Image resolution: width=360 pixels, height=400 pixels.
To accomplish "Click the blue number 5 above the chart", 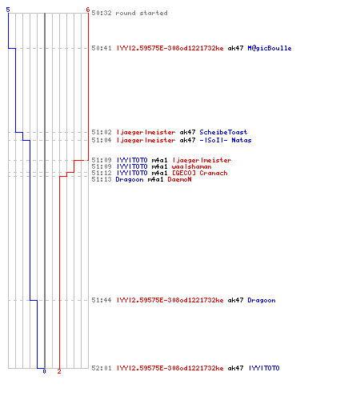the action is (x=8, y=10).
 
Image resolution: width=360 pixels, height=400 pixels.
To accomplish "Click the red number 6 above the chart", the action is (x=88, y=10).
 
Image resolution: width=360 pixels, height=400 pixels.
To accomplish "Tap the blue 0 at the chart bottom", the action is (x=44, y=371).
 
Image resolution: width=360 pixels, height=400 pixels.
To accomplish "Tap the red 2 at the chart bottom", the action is (x=59, y=371).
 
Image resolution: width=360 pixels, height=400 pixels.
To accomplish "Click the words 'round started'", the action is (x=142, y=13).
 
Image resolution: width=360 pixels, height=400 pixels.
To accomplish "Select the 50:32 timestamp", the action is (x=102, y=13).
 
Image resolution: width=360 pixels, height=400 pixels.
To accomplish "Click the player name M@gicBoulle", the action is (x=270, y=48).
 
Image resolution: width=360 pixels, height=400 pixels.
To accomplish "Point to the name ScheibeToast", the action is (x=223, y=132).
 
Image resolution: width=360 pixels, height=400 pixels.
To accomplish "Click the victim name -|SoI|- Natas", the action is (x=226, y=140).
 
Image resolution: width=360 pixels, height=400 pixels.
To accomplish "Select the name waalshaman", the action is (x=191, y=166).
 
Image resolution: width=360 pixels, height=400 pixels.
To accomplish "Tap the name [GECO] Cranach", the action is (x=200, y=173).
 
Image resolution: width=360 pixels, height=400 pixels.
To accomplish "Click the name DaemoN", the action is (x=179, y=179).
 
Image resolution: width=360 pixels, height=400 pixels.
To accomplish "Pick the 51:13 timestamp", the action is (x=102, y=179).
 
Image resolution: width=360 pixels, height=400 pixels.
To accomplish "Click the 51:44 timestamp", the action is (x=102, y=300).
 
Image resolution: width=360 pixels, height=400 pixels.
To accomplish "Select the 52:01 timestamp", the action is (x=102, y=368).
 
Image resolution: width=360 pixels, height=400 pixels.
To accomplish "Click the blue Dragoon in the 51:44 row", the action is (x=262, y=300).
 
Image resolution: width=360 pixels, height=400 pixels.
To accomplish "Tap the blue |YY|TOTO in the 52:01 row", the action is (x=264, y=368).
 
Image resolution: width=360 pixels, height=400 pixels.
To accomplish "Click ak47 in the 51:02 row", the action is (x=187, y=132).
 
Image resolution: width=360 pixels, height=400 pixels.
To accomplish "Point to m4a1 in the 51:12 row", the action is (x=159, y=173).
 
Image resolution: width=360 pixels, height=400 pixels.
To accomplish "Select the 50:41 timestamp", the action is (x=102, y=48).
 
